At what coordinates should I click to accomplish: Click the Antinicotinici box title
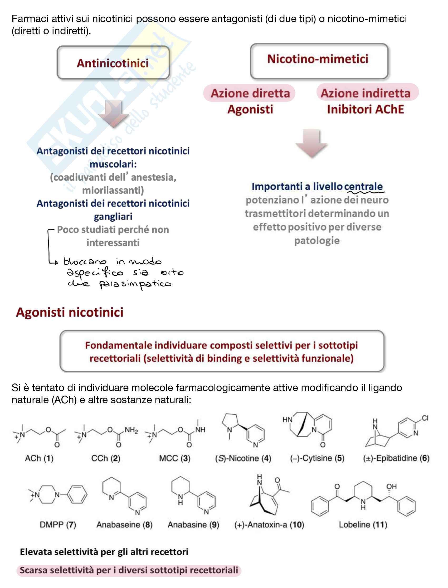(x=113, y=64)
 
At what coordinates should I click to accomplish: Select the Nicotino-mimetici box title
(x=318, y=59)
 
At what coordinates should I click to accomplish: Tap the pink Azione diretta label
(x=250, y=93)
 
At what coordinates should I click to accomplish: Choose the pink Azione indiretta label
(x=365, y=93)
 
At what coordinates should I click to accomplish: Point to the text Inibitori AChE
(x=365, y=110)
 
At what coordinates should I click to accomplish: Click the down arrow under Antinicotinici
(x=114, y=113)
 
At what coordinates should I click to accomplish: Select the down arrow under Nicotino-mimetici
(x=311, y=143)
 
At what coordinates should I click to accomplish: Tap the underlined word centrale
(x=363, y=186)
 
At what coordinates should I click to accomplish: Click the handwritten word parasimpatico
(x=135, y=284)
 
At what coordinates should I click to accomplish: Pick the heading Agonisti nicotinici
(x=70, y=312)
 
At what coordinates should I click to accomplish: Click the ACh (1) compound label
(x=39, y=458)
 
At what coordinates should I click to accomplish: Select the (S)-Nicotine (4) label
(x=243, y=458)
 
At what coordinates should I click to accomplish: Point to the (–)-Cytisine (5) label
(x=317, y=458)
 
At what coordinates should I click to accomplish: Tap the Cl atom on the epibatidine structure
(x=425, y=418)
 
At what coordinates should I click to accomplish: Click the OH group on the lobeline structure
(x=391, y=487)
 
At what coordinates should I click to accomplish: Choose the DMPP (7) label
(x=58, y=524)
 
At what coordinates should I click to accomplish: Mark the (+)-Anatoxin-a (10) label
(x=269, y=524)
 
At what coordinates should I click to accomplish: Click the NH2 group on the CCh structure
(x=131, y=430)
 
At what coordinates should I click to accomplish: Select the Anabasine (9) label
(x=193, y=524)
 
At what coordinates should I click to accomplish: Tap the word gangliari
(x=113, y=217)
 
